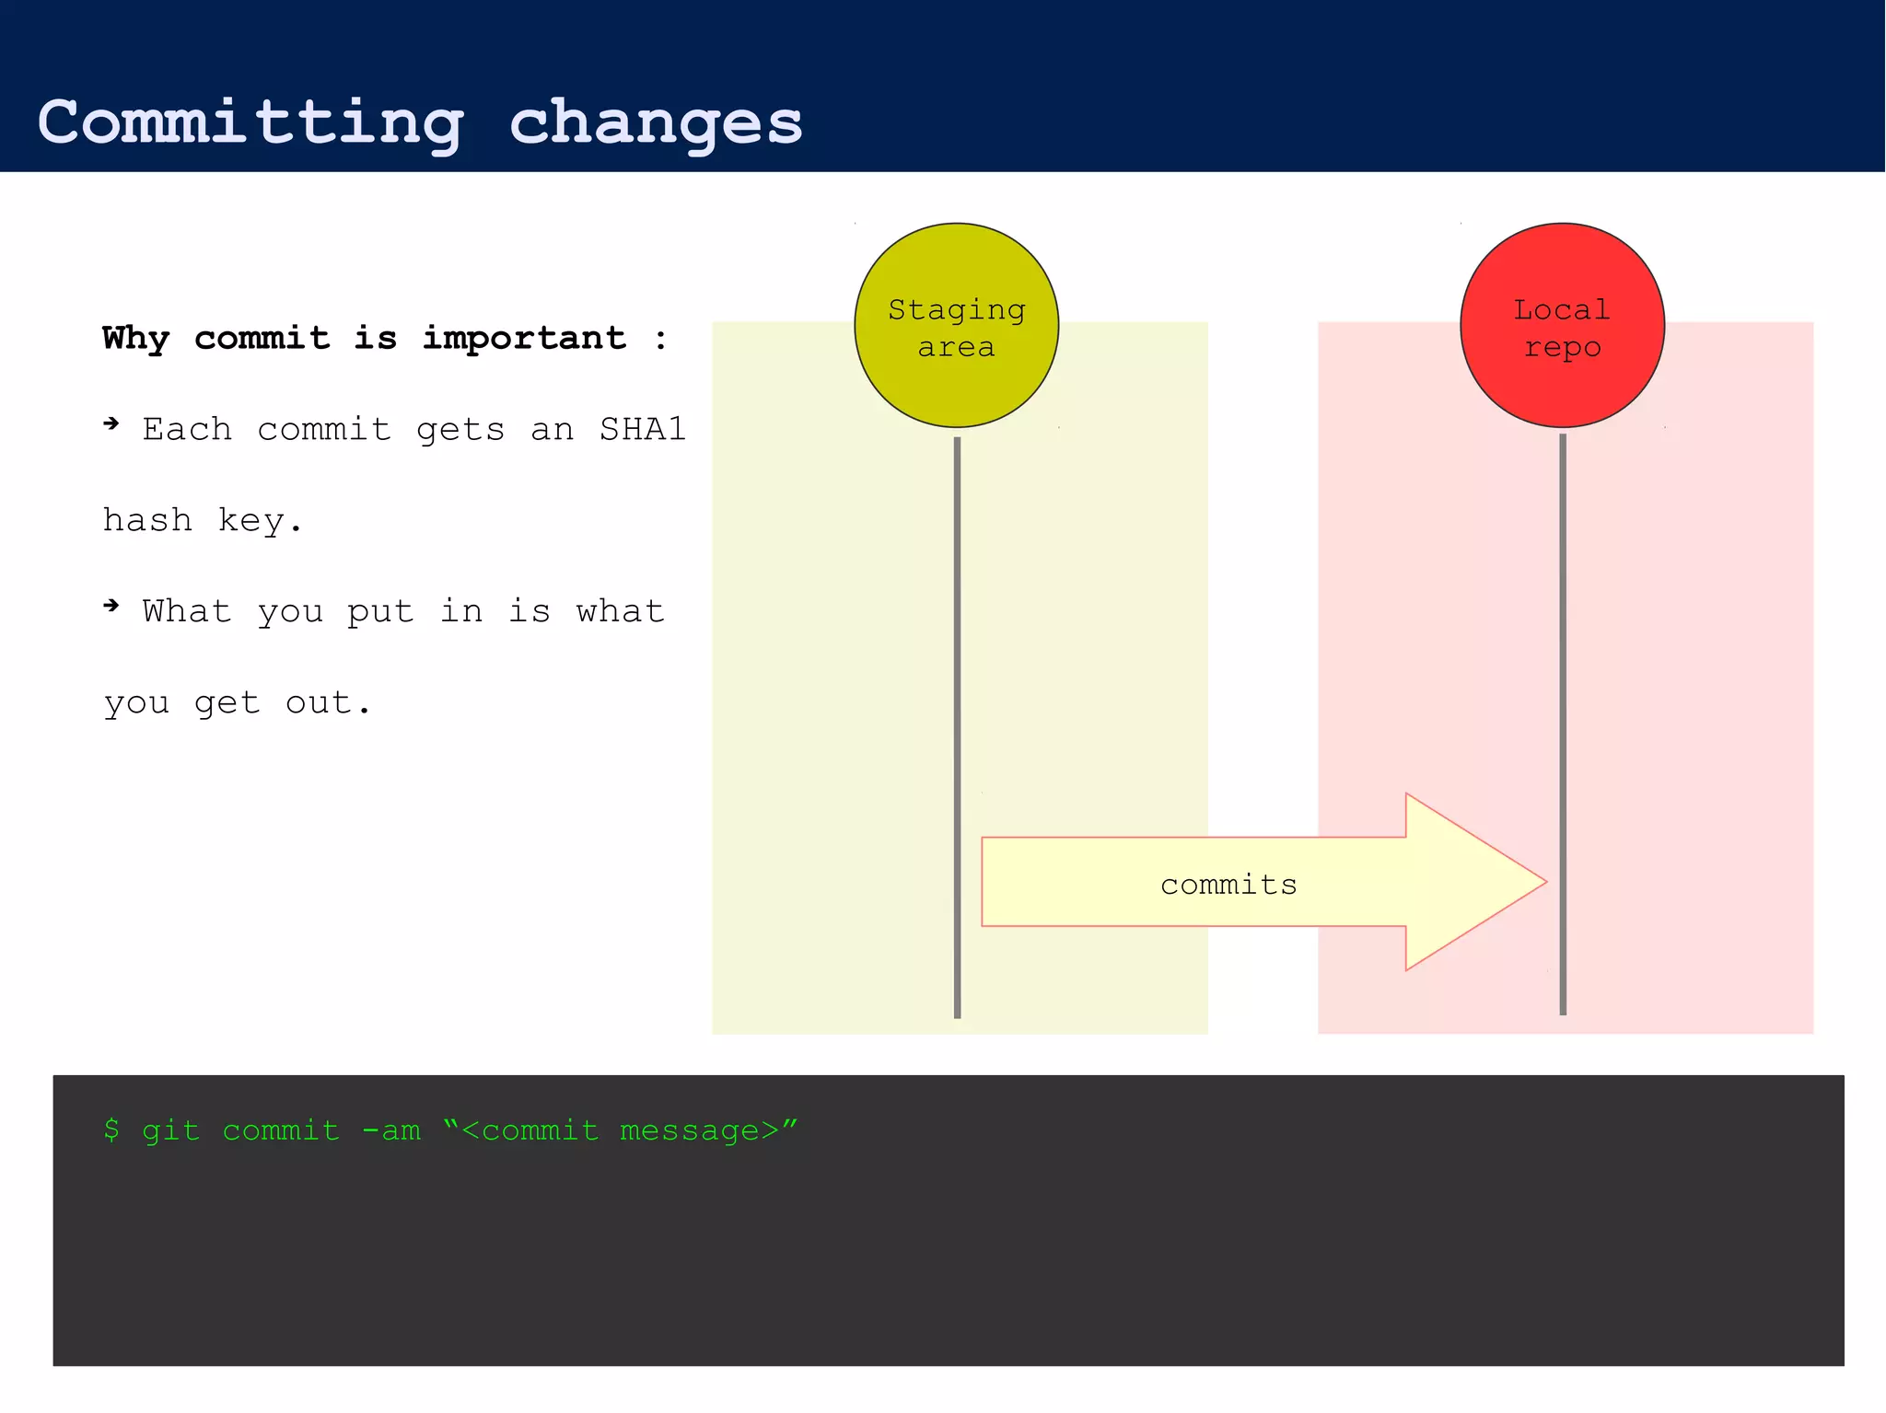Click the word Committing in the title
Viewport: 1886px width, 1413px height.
[250, 122]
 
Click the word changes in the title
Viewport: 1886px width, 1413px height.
[656, 122]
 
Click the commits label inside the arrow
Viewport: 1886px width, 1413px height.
[1228, 885]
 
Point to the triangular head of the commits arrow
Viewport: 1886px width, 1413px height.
[1464, 882]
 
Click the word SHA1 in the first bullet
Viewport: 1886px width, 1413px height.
[643, 429]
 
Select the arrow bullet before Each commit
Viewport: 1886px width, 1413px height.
[111, 423]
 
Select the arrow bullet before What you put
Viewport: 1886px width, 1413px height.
[111, 605]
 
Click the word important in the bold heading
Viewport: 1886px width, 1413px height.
[524, 338]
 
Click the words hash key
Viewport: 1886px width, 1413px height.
[202, 520]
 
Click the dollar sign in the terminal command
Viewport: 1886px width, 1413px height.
[111, 1129]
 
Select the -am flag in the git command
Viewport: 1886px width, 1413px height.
[391, 1129]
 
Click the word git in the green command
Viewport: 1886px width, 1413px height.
[171, 1129]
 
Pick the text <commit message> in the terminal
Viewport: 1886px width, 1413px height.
[621, 1129]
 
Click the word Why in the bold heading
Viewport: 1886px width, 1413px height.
[135, 338]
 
